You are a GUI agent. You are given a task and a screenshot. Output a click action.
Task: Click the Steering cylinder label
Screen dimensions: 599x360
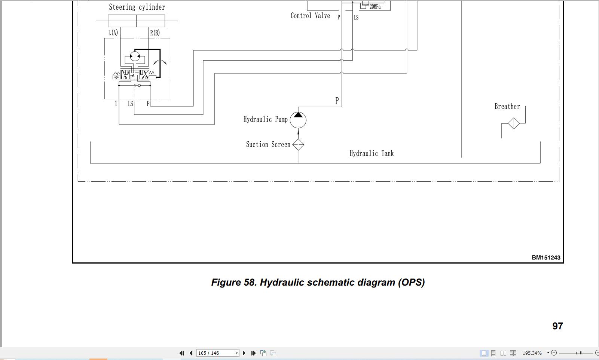(x=137, y=7)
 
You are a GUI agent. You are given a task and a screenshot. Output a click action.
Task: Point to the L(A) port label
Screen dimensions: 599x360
(x=113, y=33)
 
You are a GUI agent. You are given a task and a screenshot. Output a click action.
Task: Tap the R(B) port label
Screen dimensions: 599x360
(x=155, y=33)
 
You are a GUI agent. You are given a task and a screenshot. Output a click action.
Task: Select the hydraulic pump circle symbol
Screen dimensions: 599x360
(x=298, y=120)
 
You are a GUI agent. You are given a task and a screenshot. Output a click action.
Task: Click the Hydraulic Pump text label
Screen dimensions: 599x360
(x=265, y=119)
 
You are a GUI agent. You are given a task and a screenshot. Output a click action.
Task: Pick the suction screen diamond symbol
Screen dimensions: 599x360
(x=298, y=145)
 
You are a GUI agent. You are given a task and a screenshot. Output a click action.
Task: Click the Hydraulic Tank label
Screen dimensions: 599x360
(x=372, y=153)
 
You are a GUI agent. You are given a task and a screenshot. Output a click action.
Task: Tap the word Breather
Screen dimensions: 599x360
(x=507, y=107)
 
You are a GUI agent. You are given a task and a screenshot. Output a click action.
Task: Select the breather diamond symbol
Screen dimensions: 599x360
(x=514, y=123)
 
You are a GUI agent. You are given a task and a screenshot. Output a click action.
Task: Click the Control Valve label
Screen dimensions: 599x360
(x=310, y=16)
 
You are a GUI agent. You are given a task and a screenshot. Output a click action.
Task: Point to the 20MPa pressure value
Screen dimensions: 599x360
(x=375, y=7)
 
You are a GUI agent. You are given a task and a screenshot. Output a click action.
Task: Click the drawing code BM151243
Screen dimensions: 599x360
(x=546, y=257)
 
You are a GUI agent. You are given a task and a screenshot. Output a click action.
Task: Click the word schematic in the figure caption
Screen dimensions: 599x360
(x=331, y=282)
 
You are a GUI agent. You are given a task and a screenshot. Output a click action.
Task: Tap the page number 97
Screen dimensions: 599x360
(x=557, y=326)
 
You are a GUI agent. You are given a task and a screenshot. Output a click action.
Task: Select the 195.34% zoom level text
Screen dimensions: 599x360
(x=532, y=353)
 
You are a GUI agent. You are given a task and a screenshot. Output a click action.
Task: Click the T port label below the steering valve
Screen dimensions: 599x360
(x=116, y=104)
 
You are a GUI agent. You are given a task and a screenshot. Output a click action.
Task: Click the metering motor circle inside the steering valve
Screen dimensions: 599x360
(x=135, y=56)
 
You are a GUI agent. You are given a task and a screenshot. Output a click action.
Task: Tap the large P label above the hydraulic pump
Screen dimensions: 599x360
(x=337, y=101)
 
